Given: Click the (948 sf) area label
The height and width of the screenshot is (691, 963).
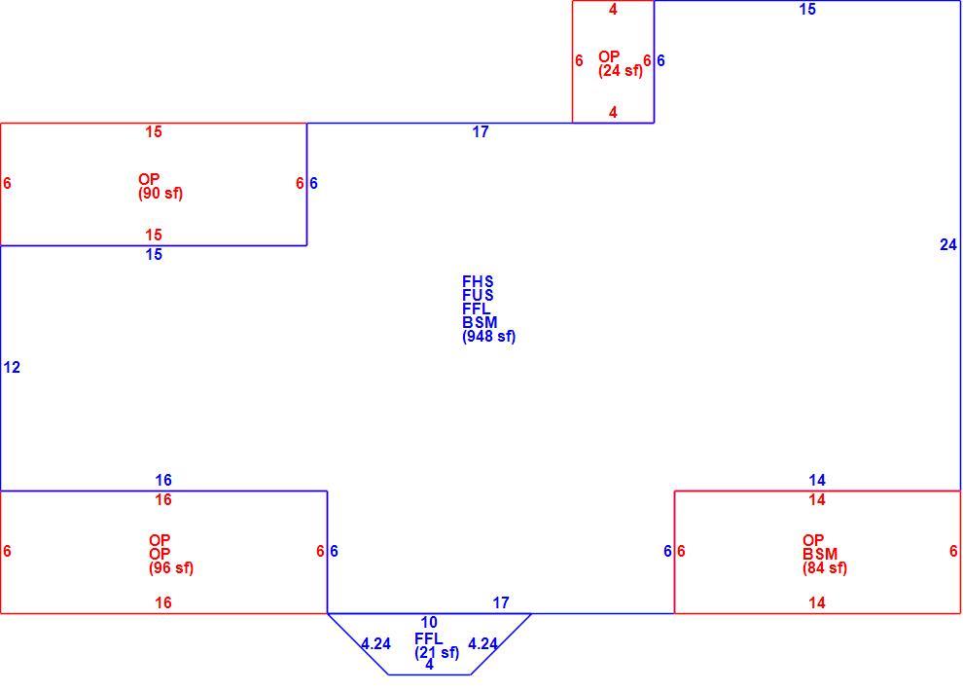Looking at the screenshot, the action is click(489, 337).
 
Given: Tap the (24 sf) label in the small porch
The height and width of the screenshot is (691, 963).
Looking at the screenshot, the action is click(621, 71).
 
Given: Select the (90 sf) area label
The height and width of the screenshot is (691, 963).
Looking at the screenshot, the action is click(160, 194).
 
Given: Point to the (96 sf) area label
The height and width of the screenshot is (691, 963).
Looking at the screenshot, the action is click(171, 568).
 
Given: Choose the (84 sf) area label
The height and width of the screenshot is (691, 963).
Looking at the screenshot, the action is click(825, 568).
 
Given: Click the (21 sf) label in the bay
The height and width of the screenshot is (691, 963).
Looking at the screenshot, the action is click(437, 653).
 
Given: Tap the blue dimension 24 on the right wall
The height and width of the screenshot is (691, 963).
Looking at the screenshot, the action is click(948, 245).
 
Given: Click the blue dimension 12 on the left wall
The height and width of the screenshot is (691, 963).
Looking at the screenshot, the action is click(12, 367).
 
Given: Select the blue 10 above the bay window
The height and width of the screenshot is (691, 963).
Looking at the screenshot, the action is click(429, 622).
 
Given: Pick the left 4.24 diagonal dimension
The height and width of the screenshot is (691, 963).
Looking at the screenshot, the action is click(375, 643).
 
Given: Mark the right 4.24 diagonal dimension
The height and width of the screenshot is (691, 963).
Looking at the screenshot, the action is click(482, 643).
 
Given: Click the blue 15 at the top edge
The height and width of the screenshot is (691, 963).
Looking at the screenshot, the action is click(807, 9).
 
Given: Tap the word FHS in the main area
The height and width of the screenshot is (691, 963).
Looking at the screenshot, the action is click(478, 282).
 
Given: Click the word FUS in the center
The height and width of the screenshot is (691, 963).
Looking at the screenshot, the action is click(478, 296).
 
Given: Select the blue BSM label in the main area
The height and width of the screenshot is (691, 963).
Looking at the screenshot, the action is click(480, 322).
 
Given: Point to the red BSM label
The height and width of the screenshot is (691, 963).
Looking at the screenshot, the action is click(820, 554).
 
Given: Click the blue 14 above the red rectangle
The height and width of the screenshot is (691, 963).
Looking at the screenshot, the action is click(817, 481).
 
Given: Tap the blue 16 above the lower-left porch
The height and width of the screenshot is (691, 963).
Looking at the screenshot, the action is click(163, 481).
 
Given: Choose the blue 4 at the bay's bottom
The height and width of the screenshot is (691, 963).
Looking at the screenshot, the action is click(429, 665).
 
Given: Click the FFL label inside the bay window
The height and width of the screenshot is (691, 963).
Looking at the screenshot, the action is click(428, 638).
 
